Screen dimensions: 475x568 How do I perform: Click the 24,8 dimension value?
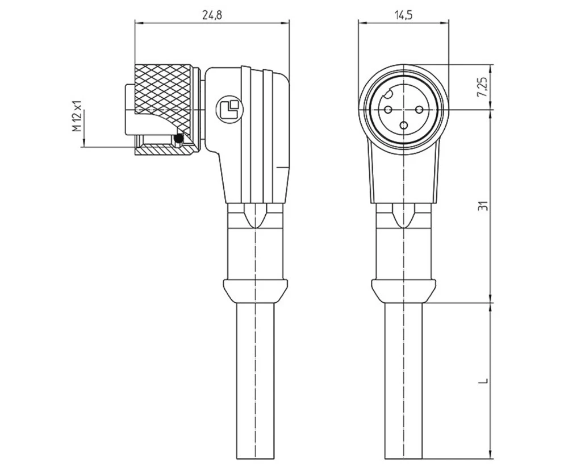click(212, 15)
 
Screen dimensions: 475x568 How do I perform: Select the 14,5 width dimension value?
click(403, 15)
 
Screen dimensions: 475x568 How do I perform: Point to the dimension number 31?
click(483, 206)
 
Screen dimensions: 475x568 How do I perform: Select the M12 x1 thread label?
click(77, 116)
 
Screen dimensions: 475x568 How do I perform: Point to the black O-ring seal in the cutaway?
click(180, 138)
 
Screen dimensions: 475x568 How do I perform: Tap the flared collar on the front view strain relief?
click(403, 291)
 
